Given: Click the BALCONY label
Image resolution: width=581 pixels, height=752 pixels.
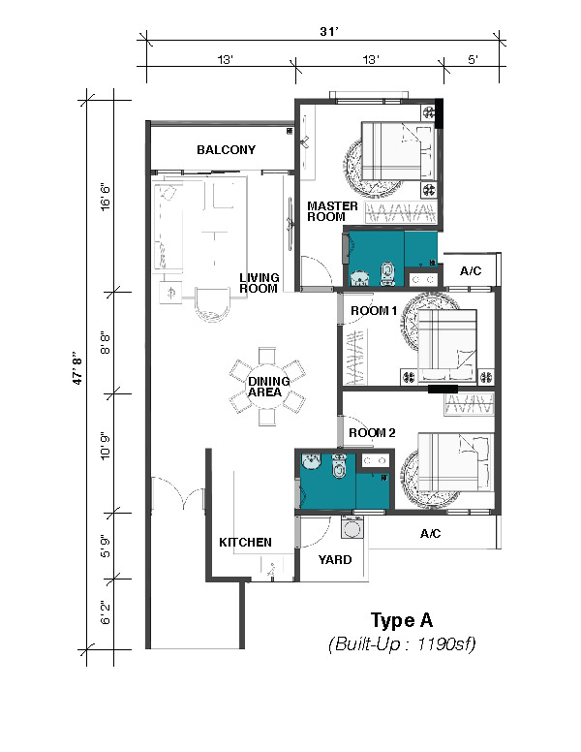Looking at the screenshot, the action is tap(226, 149).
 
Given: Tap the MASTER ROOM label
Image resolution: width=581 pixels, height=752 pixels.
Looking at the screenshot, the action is tap(332, 211).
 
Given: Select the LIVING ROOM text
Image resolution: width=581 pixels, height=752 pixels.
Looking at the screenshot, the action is tap(259, 283).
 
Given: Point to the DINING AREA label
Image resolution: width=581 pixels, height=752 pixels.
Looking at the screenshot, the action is tap(268, 387).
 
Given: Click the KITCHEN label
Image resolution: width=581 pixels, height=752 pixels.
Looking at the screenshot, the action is tap(245, 542).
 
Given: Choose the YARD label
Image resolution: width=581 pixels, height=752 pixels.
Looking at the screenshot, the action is tap(335, 560).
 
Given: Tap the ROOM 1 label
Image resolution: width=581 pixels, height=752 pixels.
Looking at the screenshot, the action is tap(374, 311).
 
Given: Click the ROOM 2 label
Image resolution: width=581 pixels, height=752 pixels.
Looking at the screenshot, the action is tap(372, 433).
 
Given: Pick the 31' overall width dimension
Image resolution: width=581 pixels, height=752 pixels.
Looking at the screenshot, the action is tap(329, 32).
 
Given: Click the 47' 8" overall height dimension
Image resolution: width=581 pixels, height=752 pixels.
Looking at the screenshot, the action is tap(78, 370).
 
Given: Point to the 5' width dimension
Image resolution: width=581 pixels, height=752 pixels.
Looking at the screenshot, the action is tap(473, 60).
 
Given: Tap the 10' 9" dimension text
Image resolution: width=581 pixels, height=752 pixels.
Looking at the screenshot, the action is tap(105, 446).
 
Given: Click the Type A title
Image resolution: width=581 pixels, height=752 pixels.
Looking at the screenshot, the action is tap(402, 620).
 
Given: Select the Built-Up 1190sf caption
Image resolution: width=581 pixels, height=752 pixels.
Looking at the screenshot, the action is tap(402, 643).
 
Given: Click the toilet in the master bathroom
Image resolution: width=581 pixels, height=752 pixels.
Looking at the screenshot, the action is tap(386, 273).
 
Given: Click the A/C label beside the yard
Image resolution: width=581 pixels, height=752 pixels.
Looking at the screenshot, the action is tap(430, 533).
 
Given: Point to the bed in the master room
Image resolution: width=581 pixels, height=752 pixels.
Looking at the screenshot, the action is tap(397, 153).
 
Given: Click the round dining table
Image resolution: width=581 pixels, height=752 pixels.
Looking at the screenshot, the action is tap(267, 387).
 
